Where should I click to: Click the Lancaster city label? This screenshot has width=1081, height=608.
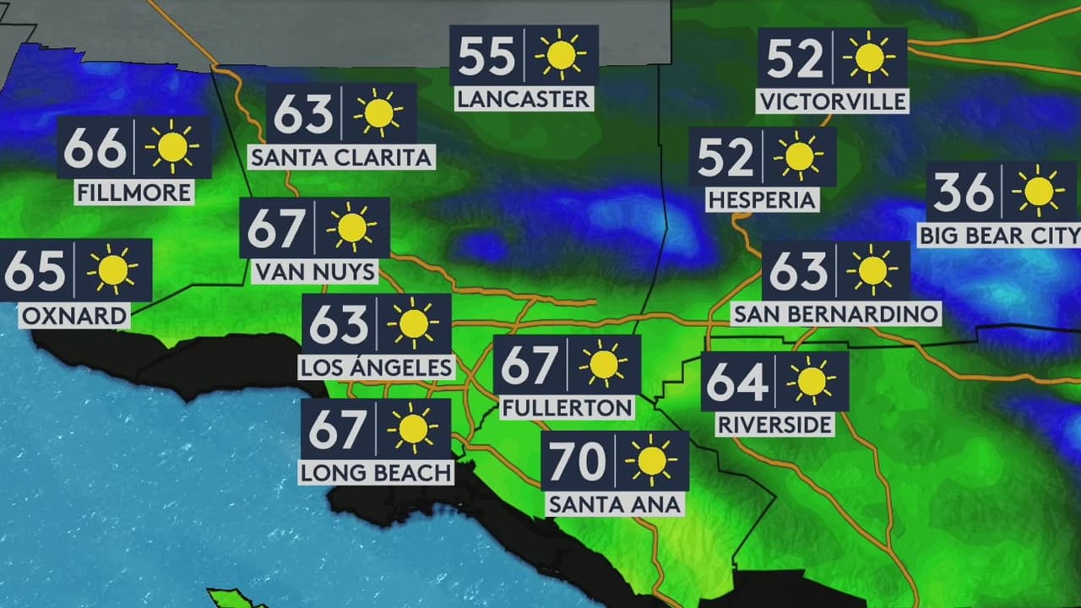tap(523, 99)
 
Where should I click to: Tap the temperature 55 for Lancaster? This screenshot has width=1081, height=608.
tap(486, 56)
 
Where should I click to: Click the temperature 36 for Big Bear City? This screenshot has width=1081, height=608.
tap(964, 193)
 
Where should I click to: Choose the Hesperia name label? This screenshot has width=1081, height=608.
tap(763, 200)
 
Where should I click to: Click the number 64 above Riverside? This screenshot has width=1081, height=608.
tap(736, 382)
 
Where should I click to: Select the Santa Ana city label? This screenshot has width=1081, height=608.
tap(614, 504)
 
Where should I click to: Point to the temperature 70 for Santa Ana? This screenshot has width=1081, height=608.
tap(579, 461)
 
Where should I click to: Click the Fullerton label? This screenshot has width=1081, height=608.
tap(567, 408)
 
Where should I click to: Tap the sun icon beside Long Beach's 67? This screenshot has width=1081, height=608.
tap(413, 429)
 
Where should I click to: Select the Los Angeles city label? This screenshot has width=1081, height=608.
tap(377, 367)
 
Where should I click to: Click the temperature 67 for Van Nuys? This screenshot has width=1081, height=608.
tap(275, 228)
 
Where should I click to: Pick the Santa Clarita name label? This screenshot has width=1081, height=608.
tap(341, 157)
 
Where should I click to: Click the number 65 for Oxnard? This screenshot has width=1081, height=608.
tap(35, 270)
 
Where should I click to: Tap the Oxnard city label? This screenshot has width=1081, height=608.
tap(74, 317)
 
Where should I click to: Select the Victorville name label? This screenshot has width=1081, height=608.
tap(833, 101)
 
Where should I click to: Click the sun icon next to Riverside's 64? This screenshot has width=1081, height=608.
tap(811, 382)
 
